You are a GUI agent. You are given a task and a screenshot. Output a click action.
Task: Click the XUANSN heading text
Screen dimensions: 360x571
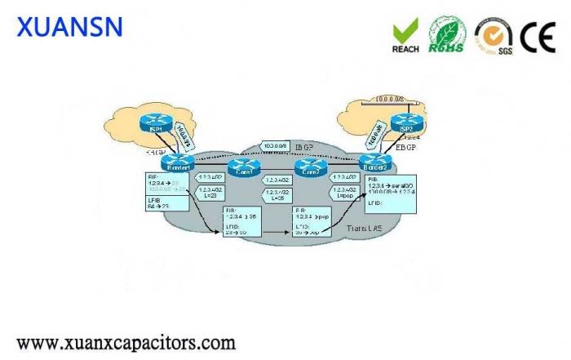[x=69, y=27]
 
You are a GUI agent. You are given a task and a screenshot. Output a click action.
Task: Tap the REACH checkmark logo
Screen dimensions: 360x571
[x=405, y=34]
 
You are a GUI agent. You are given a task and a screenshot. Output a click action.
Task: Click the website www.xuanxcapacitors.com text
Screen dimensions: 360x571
[x=126, y=341]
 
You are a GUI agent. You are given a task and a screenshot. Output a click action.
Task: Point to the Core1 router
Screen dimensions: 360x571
[x=244, y=167]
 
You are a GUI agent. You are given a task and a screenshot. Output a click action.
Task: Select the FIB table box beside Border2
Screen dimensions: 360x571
[x=391, y=193]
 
